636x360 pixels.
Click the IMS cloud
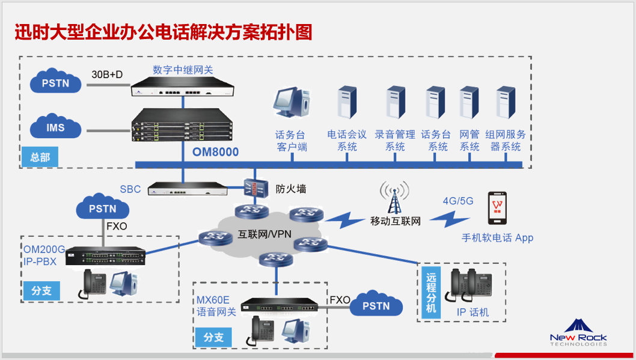[55, 128]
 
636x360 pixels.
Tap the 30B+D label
[107, 75]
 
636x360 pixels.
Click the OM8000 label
[215, 152]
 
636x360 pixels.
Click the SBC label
[130, 189]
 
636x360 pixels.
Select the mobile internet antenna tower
[394, 199]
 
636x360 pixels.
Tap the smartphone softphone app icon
[497, 208]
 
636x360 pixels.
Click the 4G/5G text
[457, 201]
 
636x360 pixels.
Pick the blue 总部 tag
[40, 157]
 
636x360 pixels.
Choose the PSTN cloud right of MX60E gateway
[376, 306]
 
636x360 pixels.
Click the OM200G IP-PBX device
[105, 257]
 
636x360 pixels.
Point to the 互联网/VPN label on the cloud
[265, 234]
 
